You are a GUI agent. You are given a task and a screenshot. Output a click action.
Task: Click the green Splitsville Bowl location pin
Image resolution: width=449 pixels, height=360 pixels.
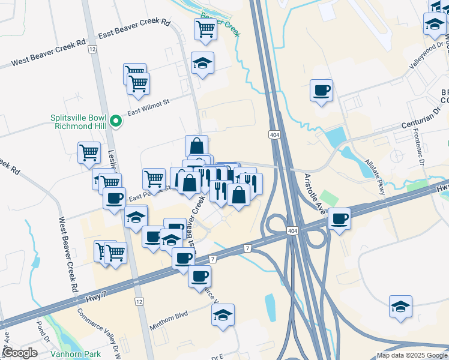118,122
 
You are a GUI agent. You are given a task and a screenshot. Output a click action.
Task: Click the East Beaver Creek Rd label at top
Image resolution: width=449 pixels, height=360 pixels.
134,29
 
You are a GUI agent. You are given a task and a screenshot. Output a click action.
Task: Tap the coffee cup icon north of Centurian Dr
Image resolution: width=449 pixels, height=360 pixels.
321,91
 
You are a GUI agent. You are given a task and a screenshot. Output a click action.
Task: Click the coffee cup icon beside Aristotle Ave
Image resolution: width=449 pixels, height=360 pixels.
340,218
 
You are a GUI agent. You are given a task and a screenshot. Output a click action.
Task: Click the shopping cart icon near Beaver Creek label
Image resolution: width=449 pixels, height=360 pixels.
205,28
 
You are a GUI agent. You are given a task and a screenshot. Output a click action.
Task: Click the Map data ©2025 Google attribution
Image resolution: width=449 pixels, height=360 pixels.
412,355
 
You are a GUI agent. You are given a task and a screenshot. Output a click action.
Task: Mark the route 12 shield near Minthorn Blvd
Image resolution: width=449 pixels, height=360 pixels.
139,301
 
